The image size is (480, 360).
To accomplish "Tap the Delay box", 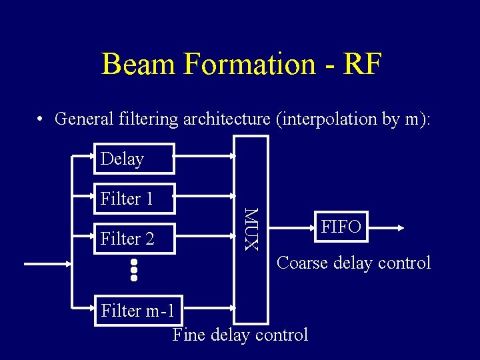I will tap(133, 159).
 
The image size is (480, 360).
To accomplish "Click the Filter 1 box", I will tap(133, 198).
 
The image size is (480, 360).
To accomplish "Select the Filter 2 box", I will tap(133, 238).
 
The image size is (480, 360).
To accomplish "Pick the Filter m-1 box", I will tap(138, 310).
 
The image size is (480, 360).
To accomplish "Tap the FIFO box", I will tap(341, 227).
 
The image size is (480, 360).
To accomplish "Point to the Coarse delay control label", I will tap(353, 263).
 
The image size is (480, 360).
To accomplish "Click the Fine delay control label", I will tap(240, 334).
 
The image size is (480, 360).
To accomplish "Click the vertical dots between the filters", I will tap(133, 269).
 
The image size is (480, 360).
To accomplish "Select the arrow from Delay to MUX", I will tap(204, 156).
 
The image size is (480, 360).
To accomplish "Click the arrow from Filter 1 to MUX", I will tap(204, 196).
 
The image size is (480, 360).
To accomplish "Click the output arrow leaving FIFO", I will tap(385, 227).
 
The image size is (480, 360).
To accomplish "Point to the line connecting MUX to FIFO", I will tap(292, 227).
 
